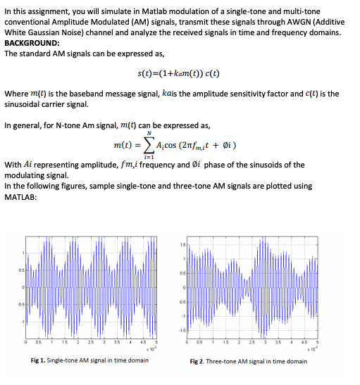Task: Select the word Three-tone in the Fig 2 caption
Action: (x=225, y=362)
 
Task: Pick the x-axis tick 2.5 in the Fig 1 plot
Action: (x=91, y=344)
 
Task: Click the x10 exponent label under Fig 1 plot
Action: (x=147, y=350)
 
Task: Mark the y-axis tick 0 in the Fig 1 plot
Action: (x=23, y=287)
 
